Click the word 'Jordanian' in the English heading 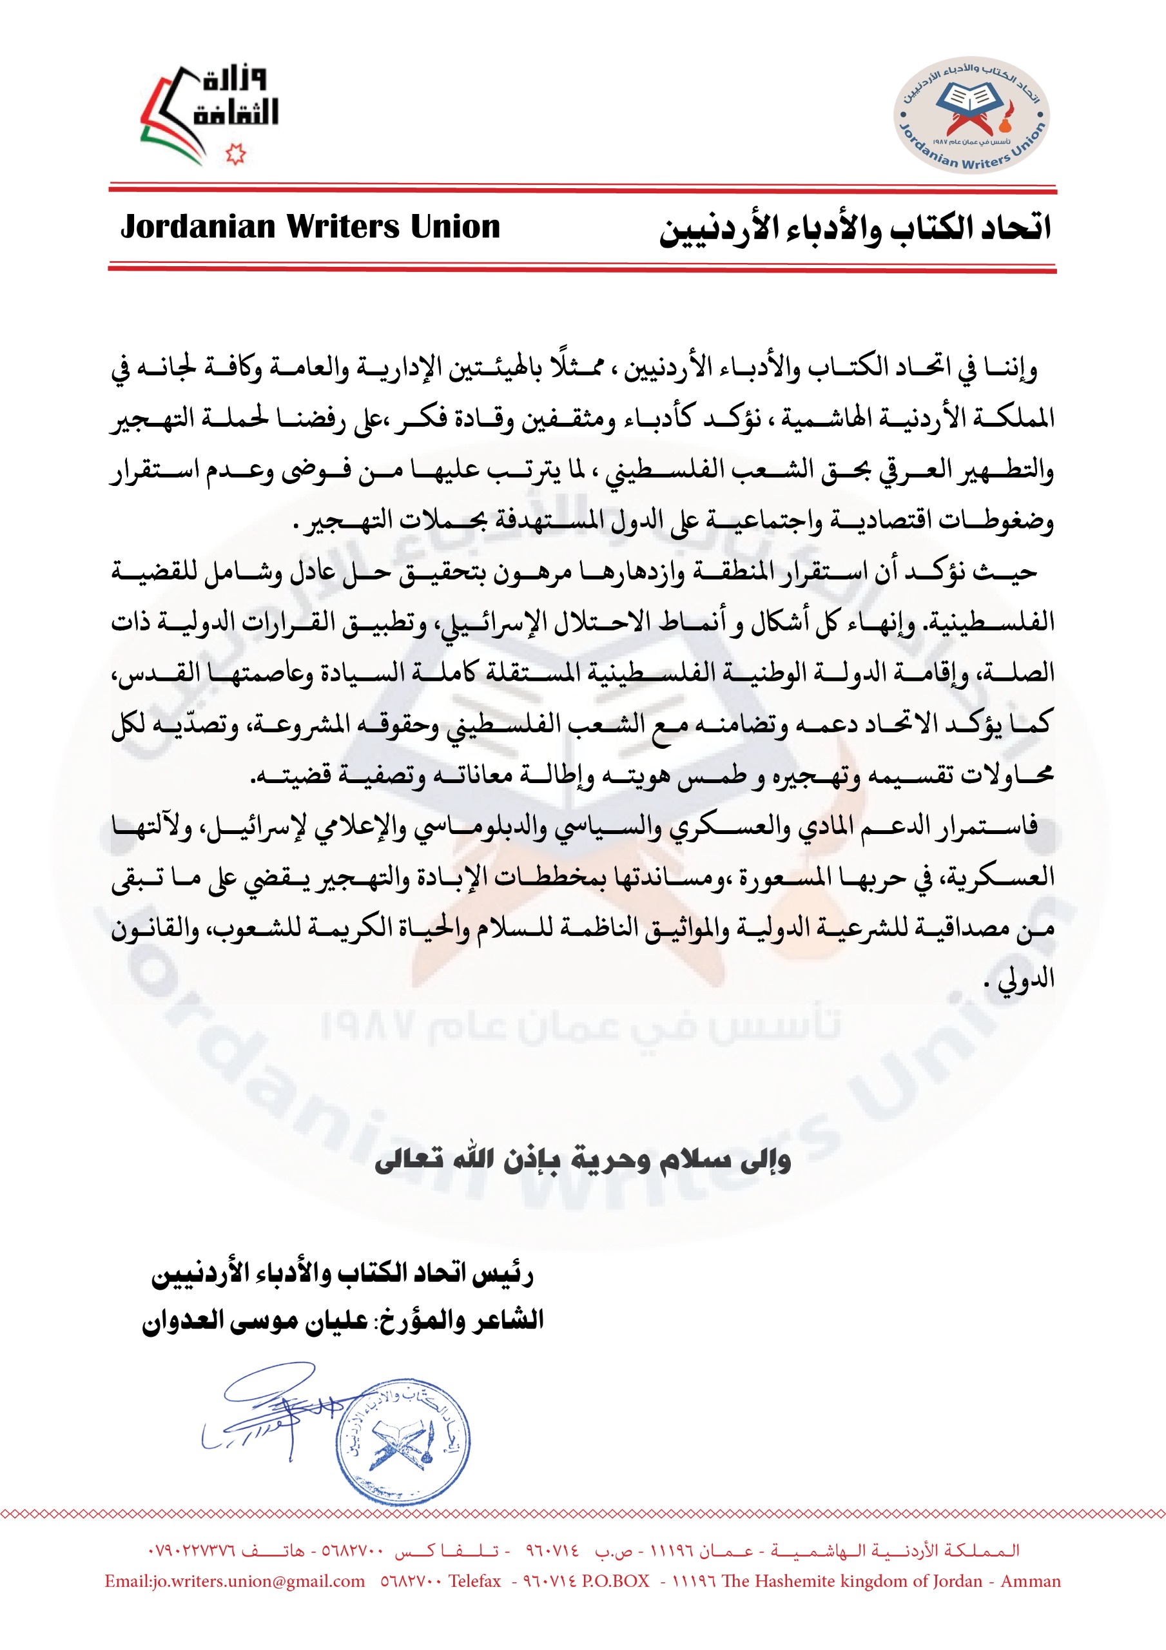[x=199, y=227]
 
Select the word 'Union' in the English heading [x=455, y=227]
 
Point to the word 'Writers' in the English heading [x=343, y=227]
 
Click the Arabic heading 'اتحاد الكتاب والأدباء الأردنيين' [x=855, y=229]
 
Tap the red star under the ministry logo [x=235, y=154]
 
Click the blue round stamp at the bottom [x=403, y=1444]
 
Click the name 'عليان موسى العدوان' [x=255, y=1321]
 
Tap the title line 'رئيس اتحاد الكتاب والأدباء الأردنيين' [x=342, y=1274]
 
